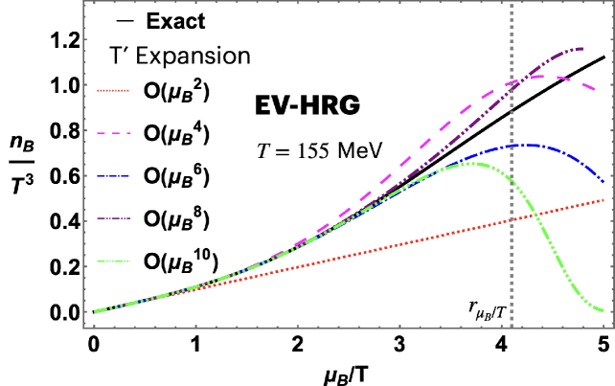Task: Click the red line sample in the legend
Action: (x=113, y=90)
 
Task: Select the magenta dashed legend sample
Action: (x=113, y=133)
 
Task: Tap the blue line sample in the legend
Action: (x=113, y=176)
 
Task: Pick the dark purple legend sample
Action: (x=113, y=218)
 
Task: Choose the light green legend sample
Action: (x=113, y=261)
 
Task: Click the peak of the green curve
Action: (x=471, y=164)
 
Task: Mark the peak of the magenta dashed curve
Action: (x=537, y=76)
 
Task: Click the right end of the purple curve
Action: (x=581, y=48)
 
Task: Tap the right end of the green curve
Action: (x=604, y=310)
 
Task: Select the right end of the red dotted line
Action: (x=604, y=200)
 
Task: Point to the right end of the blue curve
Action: (x=604, y=181)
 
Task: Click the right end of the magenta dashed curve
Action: (x=597, y=91)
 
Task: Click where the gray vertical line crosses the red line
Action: (x=512, y=219)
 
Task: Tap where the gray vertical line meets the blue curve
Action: (x=512, y=146)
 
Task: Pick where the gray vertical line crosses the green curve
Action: (x=512, y=179)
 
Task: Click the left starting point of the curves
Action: (x=95, y=311)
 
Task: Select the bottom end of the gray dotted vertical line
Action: (x=512, y=326)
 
